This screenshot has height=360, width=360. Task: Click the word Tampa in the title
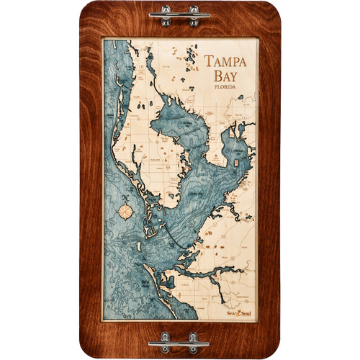[225, 61]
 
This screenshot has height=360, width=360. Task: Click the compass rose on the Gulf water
[127, 212]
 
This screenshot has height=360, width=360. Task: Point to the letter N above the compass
[127, 197]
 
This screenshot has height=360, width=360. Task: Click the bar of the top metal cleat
[180, 14]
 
